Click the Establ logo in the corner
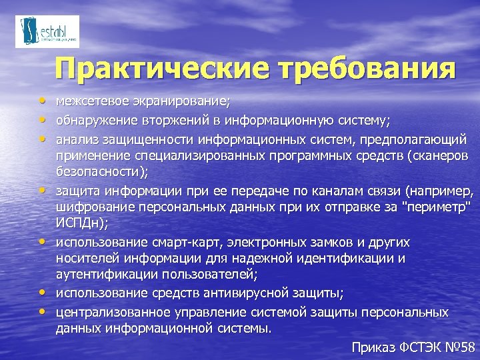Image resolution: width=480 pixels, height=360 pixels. (x=47, y=31)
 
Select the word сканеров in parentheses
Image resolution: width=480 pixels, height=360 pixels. (x=439, y=155)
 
